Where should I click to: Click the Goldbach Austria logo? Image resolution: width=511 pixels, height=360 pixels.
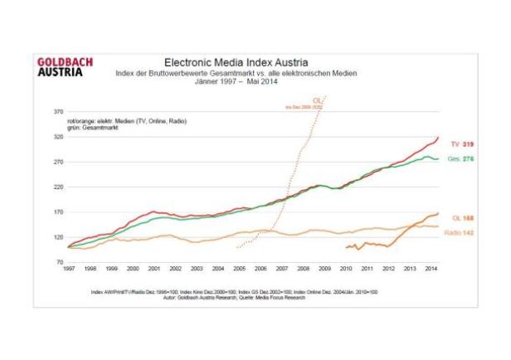[x=66, y=66]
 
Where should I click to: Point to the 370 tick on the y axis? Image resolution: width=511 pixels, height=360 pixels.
[x=58, y=110]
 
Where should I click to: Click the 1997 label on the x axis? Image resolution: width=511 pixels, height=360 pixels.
[x=69, y=270]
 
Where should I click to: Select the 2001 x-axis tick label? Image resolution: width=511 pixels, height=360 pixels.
[x=154, y=270]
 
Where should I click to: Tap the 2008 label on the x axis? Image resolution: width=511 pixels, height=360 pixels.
[x=304, y=270]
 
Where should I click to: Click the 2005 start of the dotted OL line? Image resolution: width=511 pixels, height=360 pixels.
[x=237, y=247]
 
